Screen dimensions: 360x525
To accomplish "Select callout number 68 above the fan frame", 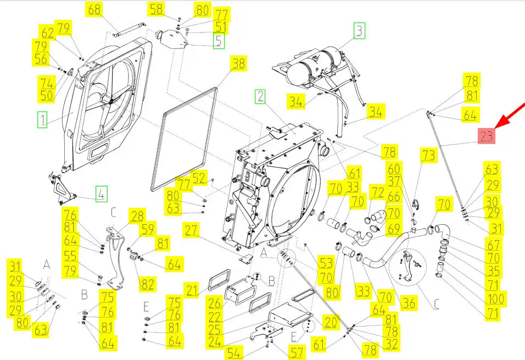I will point(94,9).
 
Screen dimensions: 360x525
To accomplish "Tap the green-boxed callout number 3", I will point(359,30).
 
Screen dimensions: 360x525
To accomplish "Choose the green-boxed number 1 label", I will point(42,119).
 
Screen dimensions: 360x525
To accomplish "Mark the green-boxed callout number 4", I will point(100,193).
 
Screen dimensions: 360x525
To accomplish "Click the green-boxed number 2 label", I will point(260,97).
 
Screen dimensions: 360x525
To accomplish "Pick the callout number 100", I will point(495,299).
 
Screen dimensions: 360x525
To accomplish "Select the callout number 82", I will point(147,284).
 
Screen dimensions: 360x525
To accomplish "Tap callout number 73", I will point(428,156).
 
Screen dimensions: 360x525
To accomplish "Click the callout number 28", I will point(137,215).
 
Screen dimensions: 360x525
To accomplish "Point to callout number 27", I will point(191,230).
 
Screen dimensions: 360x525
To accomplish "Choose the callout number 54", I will point(234,353).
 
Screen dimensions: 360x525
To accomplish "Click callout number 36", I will point(408,302).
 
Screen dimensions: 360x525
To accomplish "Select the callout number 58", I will point(157,9).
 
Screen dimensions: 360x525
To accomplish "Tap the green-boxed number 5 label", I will point(218,41).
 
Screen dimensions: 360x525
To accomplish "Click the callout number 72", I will point(377,192).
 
